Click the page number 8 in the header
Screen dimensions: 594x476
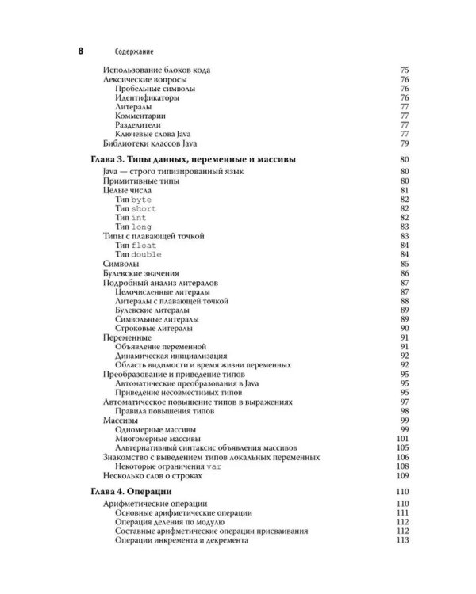click(80, 52)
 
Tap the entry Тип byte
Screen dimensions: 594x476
click(132, 200)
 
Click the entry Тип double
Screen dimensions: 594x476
click(138, 254)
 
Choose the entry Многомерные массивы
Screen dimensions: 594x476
click(158, 438)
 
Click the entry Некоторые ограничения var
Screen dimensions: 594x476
click(167, 466)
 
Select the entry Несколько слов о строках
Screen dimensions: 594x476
click(154, 476)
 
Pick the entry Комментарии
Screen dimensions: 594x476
click(141, 115)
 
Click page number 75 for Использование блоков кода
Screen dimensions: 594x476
click(403, 70)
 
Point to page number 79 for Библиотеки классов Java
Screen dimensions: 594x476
click(403, 143)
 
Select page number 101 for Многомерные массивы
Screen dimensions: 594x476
click(401, 438)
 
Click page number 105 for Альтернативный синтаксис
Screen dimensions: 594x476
click(401, 447)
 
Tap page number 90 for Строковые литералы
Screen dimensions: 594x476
click(403, 328)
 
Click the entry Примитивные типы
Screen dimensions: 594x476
click(142, 181)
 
